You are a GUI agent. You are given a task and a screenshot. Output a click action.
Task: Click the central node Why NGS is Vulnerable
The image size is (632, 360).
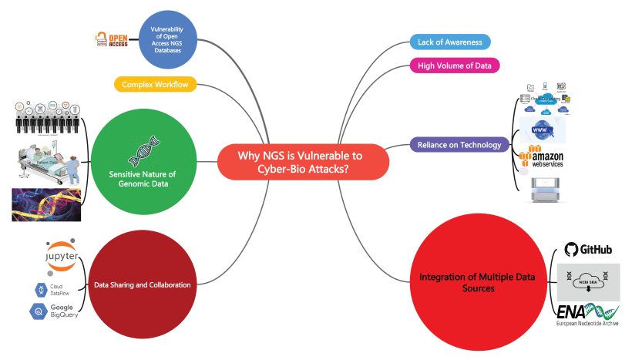pos(302,162)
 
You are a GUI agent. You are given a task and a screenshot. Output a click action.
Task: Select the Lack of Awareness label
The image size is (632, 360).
pos(449,42)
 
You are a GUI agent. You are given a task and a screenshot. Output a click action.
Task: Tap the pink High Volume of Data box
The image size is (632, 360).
pos(454,66)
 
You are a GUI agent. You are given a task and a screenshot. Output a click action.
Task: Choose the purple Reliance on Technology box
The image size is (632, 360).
pos(459,144)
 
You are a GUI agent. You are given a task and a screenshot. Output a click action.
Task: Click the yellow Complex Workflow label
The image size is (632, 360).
pos(154,83)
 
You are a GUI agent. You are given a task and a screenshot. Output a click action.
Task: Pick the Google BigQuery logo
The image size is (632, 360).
pos(54,311)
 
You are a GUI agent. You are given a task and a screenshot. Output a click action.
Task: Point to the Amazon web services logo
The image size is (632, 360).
pos(546,157)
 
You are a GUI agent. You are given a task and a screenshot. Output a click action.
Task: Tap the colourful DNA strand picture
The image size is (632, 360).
pos(47,204)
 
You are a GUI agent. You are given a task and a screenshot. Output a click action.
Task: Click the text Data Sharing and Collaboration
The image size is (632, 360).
pos(142,285)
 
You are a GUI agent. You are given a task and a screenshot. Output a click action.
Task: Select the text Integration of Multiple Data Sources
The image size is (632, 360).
pos(462,282)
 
